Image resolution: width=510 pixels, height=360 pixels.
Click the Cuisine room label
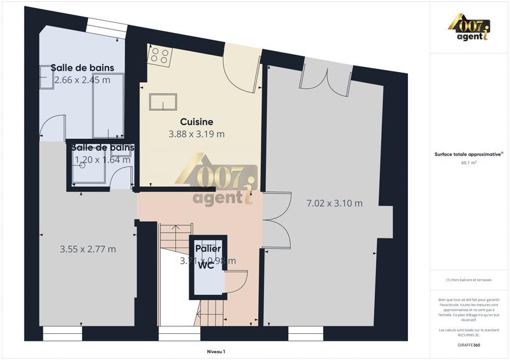196,122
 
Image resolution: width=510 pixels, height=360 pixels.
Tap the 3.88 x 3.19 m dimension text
196,134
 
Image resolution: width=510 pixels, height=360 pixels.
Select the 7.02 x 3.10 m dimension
334,203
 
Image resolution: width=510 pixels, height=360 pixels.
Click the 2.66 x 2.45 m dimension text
82,80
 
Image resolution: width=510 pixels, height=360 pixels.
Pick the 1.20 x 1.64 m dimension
103,160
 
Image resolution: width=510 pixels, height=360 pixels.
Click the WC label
205,265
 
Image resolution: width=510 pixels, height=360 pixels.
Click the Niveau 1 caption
216,351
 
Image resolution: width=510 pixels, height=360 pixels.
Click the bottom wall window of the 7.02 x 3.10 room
305,331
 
